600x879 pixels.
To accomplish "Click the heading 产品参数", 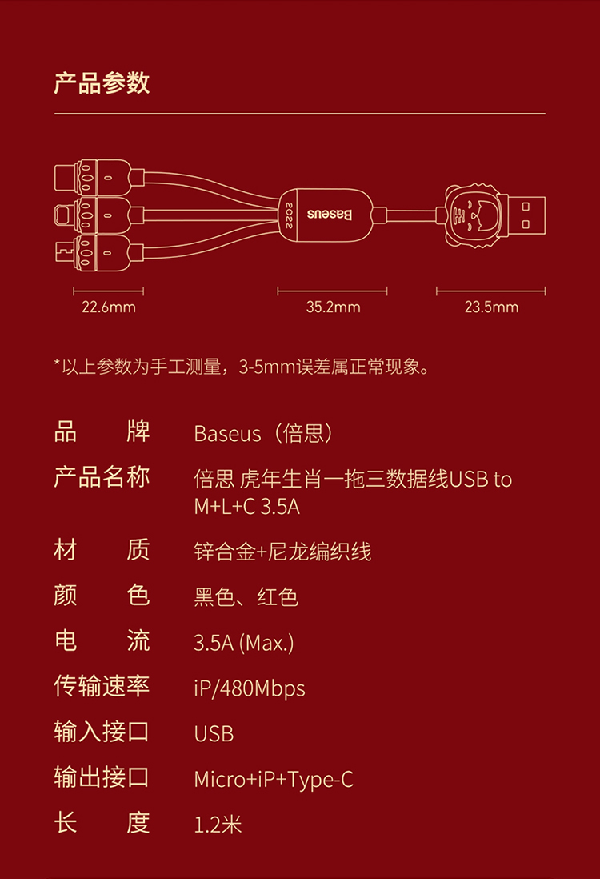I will (x=102, y=82).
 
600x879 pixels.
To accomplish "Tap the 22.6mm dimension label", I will (x=109, y=307).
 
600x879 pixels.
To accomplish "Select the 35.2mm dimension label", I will (x=333, y=307).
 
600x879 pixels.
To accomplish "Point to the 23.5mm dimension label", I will (x=491, y=307).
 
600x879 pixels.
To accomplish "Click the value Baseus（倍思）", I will (x=263, y=434).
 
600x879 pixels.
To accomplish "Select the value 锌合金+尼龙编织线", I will (x=282, y=551).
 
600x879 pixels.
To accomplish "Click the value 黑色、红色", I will (x=246, y=597).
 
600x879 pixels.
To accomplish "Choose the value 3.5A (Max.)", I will (x=244, y=642).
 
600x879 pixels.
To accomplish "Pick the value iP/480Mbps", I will (x=250, y=688).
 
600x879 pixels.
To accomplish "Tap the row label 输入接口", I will (x=102, y=732).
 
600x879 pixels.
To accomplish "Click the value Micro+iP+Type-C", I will (x=274, y=779).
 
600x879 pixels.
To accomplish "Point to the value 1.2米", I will (x=218, y=825).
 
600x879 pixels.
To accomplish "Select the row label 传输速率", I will (x=102, y=686).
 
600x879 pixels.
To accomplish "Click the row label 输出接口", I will (x=102, y=777).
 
